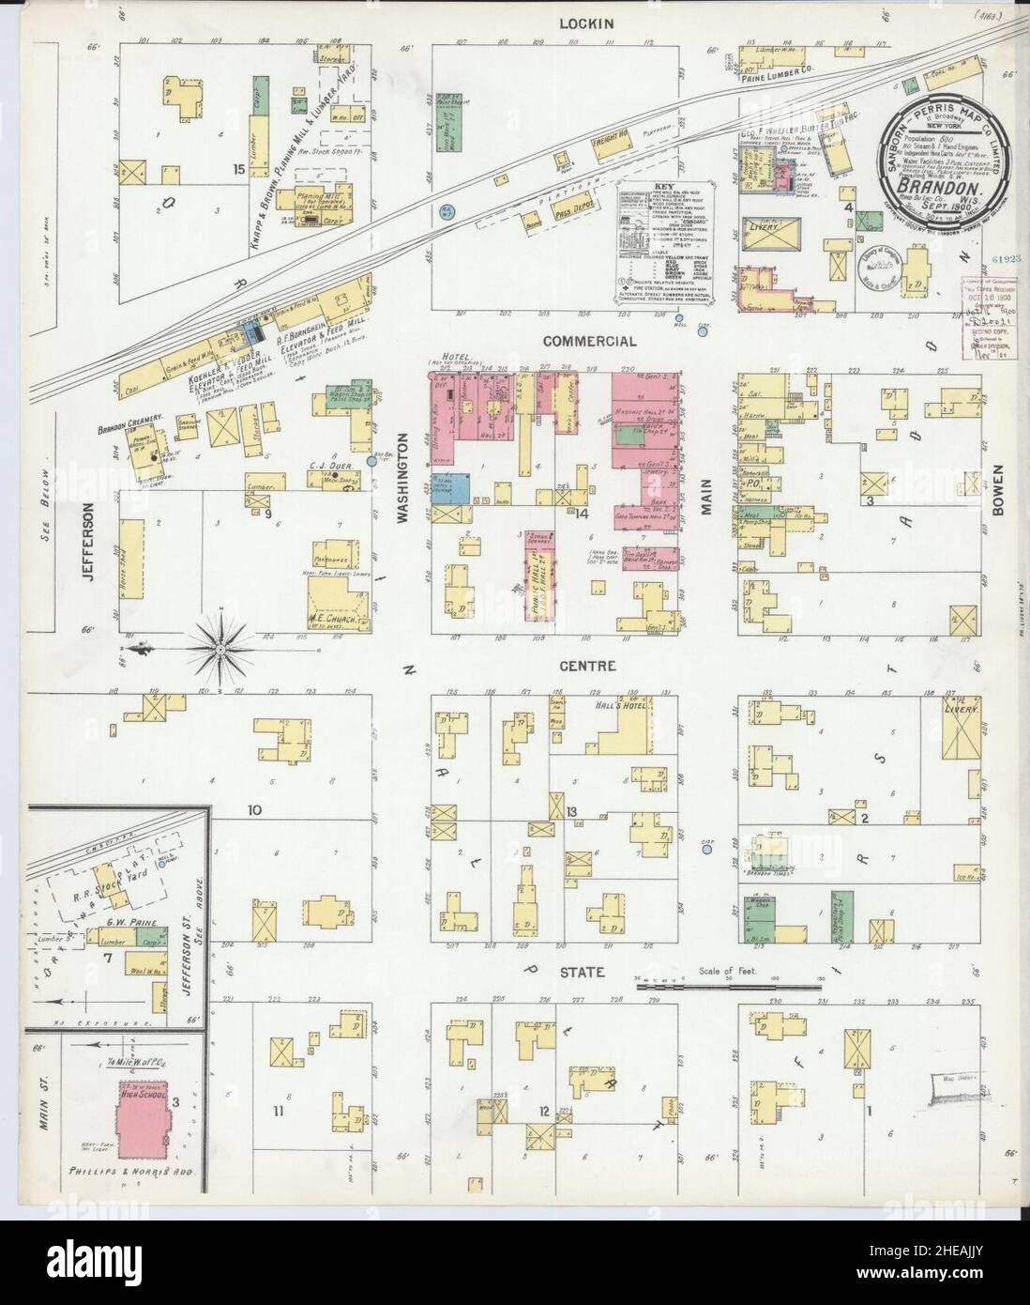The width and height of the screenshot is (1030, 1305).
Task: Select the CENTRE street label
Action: pyautogui.click(x=588, y=666)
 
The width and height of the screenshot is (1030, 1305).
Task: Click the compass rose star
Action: pyautogui.click(x=219, y=646)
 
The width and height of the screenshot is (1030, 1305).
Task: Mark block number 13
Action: pyautogui.click(x=570, y=811)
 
